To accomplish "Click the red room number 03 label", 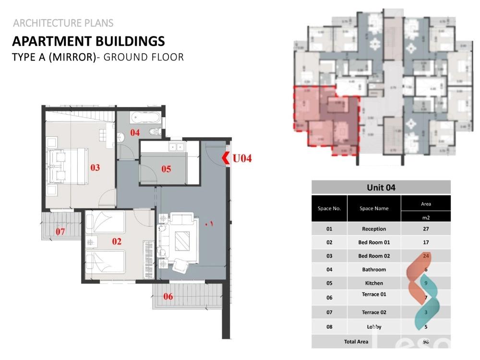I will tap(95, 168).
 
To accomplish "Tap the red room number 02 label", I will tap(117, 241).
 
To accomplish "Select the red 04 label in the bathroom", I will tap(134, 132).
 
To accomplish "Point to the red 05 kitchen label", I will tap(166, 168).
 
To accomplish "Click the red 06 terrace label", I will tap(168, 297).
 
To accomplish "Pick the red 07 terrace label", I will tap(60, 232).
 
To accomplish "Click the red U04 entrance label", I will tap(242, 158).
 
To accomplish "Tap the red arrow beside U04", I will tap(226, 157).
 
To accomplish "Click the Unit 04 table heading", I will tap(381, 187).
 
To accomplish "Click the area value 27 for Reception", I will tap(426, 229).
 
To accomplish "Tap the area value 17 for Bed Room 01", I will tap(426, 242).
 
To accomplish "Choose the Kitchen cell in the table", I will tap(373, 283).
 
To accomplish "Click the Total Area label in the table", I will tap(356, 342).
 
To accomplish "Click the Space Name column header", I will tap(373, 208).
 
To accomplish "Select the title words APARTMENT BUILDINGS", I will tap(88, 41).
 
